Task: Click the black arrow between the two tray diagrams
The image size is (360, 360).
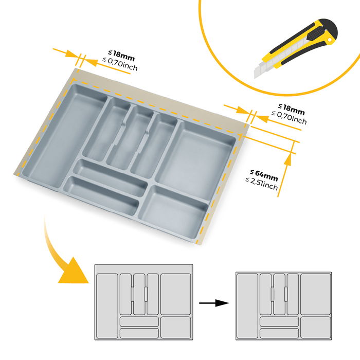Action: click(x=214, y=303)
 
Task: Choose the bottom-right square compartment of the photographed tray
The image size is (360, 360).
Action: click(x=173, y=211)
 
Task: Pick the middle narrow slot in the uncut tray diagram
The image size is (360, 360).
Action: click(x=139, y=294)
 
